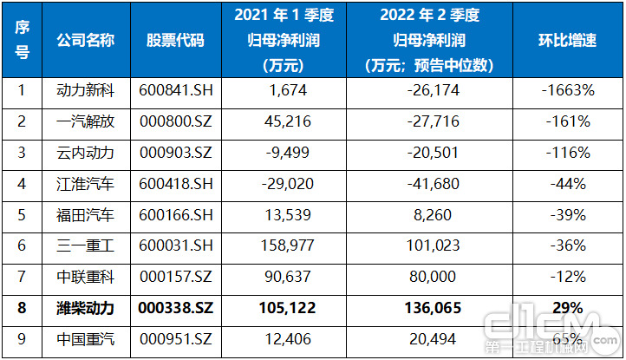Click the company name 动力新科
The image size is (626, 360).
click(x=85, y=90)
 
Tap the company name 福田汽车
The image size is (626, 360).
click(x=85, y=215)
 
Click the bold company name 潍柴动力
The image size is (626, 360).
click(x=85, y=309)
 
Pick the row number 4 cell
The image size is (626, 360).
click(x=23, y=184)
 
